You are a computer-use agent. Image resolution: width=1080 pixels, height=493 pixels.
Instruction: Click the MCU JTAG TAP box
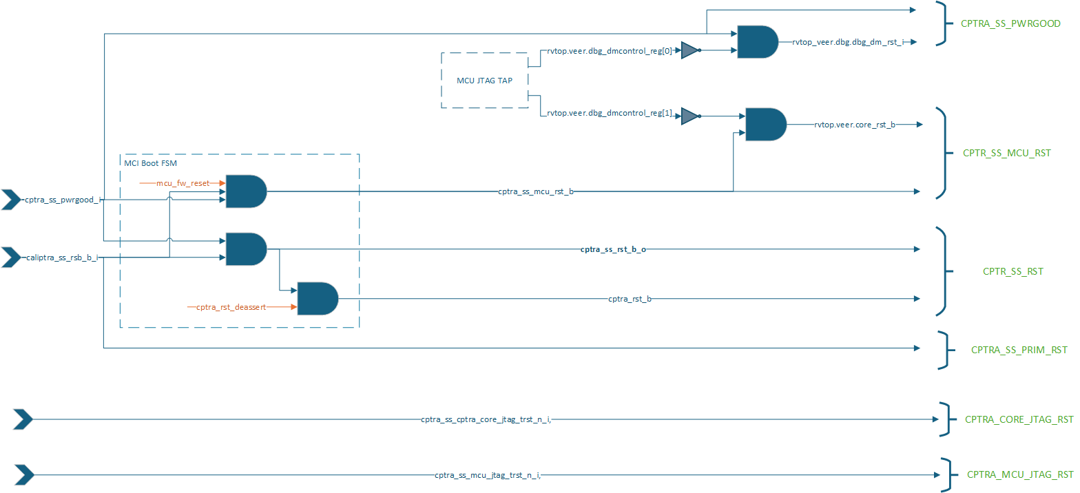point(484,80)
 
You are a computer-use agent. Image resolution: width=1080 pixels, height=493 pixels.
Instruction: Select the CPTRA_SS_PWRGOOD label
point(1010,24)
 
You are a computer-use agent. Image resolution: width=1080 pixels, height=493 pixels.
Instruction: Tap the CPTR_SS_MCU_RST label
point(1006,153)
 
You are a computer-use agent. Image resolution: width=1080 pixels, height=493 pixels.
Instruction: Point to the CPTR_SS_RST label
point(1013,271)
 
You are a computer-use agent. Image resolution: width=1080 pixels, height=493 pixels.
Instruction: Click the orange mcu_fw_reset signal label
point(183,183)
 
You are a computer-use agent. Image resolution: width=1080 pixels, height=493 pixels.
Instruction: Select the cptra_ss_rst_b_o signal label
point(613,249)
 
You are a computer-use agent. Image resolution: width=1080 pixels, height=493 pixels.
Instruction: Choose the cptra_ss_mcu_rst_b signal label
point(535,191)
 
